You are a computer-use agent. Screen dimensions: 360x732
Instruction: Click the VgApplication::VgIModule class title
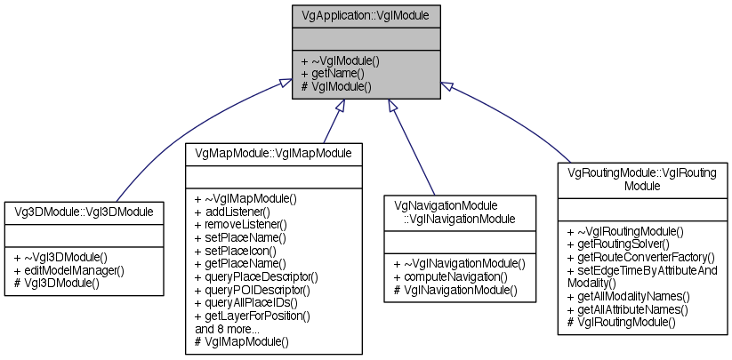366,15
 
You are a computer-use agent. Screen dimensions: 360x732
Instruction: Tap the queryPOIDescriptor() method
258,290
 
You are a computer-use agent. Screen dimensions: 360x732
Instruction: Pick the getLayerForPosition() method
258,316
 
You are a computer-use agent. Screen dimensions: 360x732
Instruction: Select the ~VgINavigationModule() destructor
458,263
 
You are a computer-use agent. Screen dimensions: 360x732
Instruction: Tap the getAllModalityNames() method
633,296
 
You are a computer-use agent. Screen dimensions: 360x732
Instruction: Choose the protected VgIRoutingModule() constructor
621,322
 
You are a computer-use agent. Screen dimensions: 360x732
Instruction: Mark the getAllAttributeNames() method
632,309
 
